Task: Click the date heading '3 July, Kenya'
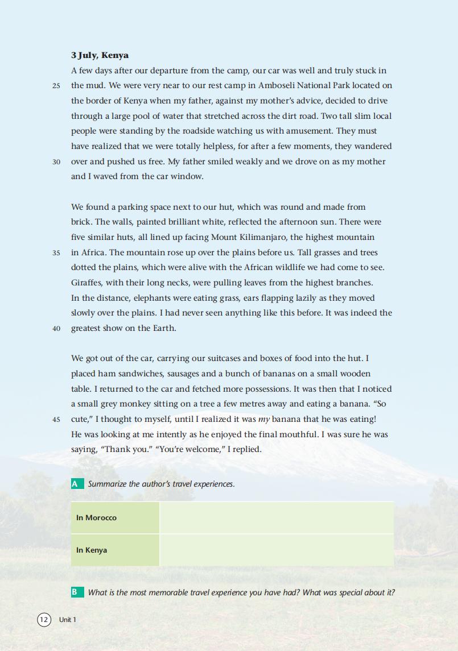coord(100,55)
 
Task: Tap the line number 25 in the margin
coord(56,86)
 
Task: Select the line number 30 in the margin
coord(56,162)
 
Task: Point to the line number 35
coord(56,253)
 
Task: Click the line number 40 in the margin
coord(56,329)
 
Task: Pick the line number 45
coord(56,420)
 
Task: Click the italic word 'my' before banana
coord(264,420)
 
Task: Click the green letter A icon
coord(75,484)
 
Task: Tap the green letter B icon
coord(75,592)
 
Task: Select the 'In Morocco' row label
coord(96,517)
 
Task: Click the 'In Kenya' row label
coord(92,550)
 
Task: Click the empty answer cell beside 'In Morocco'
coord(277,517)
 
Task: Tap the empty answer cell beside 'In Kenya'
coord(277,550)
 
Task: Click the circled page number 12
coord(44,620)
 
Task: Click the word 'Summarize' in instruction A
coord(107,484)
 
